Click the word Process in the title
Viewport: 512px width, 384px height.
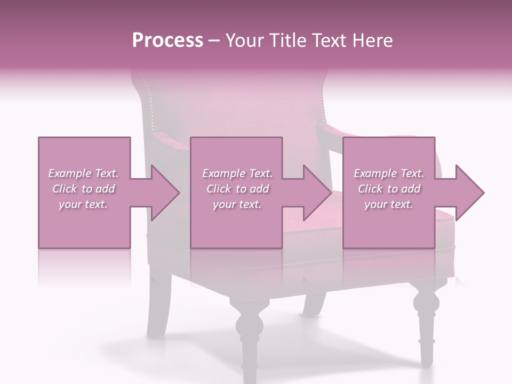point(167,41)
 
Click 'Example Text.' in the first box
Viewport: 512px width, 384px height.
point(84,173)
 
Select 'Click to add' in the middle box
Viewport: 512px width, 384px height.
point(237,189)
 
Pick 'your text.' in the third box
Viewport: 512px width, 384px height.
point(389,204)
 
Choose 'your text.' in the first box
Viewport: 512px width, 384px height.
point(84,204)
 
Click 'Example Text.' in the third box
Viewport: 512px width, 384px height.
point(389,173)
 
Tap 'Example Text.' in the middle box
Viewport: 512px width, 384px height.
point(237,173)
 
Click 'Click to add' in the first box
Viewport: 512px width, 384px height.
point(84,189)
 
